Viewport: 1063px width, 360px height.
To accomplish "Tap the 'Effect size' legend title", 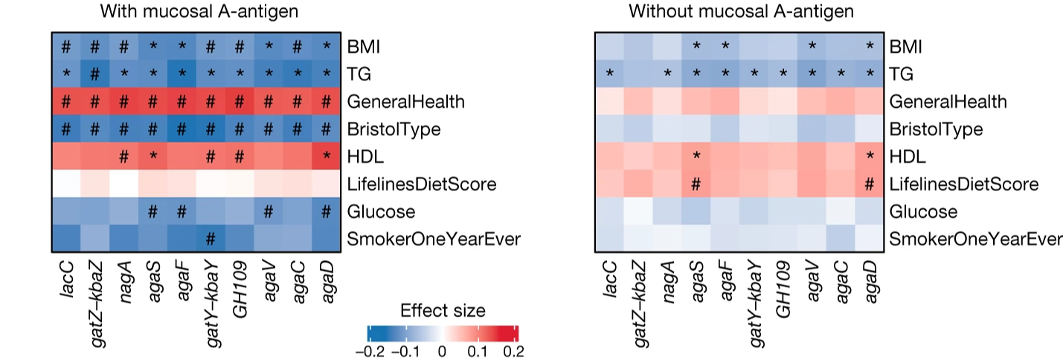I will pyautogui.click(x=443, y=310).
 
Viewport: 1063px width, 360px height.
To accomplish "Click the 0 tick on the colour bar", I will pyautogui.click(x=443, y=350).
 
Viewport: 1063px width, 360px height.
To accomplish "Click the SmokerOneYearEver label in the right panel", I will pyautogui.click(x=977, y=239).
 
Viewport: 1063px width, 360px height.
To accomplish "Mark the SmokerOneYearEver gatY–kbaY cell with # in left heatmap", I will pyautogui.click(x=211, y=239).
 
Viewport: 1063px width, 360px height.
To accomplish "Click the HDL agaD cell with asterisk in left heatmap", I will pyautogui.click(x=326, y=156).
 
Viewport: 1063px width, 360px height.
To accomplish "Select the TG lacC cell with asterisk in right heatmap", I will pyautogui.click(x=610, y=74).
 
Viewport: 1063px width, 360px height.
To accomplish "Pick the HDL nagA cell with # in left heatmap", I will pyautogui.click(x=123, y=156).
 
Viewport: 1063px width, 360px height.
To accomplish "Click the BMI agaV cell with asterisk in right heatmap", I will pyautogui.click(x=812, y=46).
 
